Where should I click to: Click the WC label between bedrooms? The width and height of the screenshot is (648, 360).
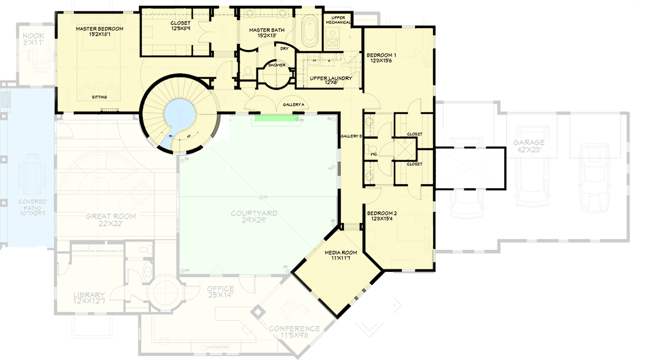[373, 154]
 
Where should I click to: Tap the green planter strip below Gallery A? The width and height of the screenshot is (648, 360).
[276, 117]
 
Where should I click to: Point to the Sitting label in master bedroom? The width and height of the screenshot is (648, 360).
[99, 98]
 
